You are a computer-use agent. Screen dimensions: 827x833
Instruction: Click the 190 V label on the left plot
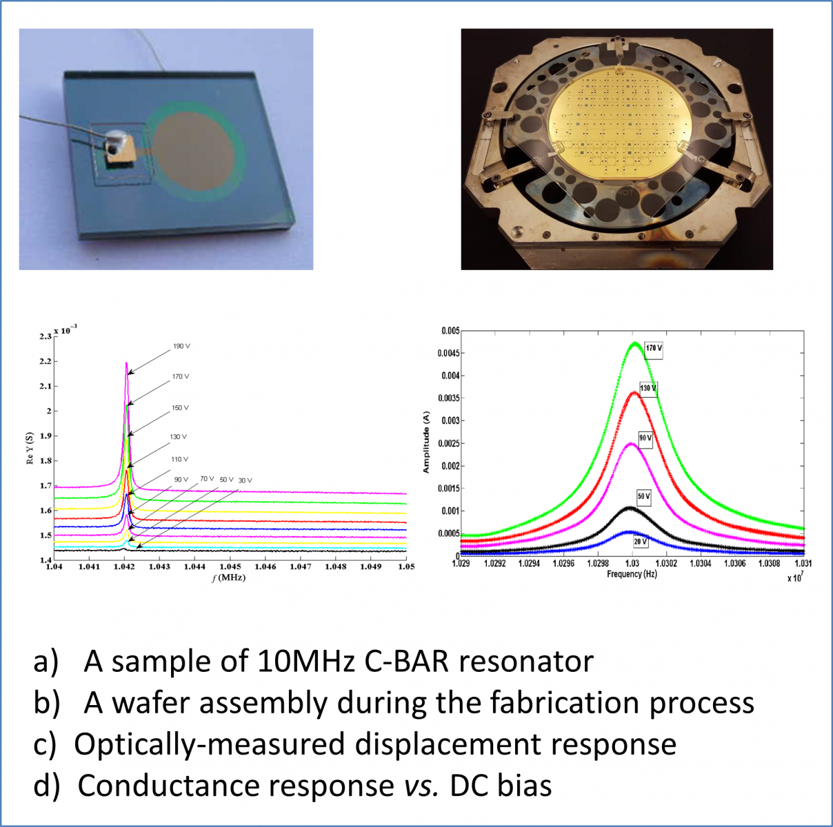(181, 346)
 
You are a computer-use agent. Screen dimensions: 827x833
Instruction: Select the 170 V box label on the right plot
(654, 348)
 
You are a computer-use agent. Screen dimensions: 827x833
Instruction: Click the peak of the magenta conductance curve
(126, 363)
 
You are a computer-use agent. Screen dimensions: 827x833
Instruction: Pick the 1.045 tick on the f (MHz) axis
(230, 567)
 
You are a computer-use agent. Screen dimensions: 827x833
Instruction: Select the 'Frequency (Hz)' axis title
(632, 574)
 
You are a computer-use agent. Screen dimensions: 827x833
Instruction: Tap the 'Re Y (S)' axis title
(30, 449)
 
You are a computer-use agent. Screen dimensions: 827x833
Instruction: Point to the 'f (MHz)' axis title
(229, 578)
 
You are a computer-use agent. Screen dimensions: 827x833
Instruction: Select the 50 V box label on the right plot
(643, 496)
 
